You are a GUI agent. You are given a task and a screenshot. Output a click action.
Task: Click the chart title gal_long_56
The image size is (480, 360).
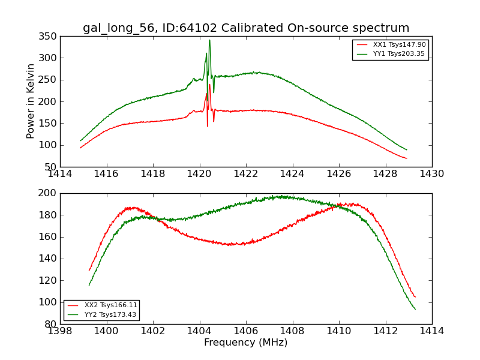(x=245, y=28)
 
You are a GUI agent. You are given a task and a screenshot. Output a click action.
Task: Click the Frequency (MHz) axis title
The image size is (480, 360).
(x=245, y=343)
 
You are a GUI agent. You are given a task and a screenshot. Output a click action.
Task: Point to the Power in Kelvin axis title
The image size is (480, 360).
(x=31, y=101)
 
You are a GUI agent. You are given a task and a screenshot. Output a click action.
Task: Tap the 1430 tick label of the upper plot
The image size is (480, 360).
(x=431, y=174)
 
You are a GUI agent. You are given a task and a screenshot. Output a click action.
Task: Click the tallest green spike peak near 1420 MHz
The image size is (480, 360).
(x=209, y=40)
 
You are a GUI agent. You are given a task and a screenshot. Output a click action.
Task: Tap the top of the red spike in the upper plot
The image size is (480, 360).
(x=209, y=85)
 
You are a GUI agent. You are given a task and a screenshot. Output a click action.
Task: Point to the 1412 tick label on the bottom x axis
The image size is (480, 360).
(x=385, y=331)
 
